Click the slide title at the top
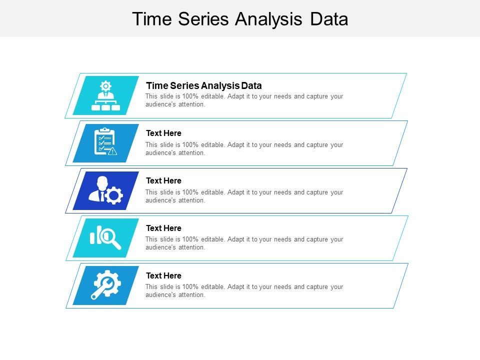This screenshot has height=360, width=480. pos(240,19)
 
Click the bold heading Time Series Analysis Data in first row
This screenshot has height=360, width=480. pos(203,85)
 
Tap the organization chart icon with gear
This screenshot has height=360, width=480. pos(105,96)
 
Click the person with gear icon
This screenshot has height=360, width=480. pos(105,190)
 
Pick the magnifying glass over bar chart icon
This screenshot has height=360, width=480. pos(105,237)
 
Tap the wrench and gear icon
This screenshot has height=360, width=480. pos(105,284)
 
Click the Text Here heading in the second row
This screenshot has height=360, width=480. pos(163,133)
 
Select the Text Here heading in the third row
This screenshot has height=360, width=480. pos(163,180)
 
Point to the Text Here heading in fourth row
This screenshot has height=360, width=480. pos(163,228)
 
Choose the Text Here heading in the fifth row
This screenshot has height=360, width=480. pos(163,275)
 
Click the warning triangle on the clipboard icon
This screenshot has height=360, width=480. pos(112,151)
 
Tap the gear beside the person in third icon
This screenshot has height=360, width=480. pos(113,195)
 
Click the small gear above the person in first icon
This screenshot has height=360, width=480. pos(105,85)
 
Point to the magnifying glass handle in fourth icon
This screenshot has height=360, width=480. pos(117,245)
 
